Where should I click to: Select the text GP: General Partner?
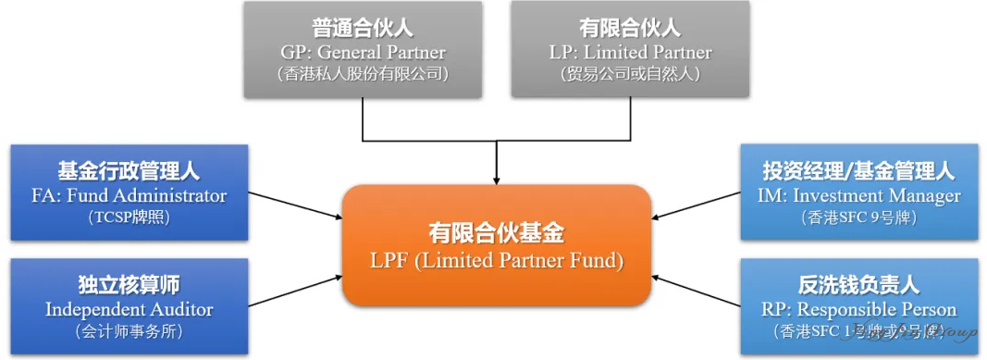point(363,52)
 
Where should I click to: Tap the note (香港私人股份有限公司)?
point(363,74)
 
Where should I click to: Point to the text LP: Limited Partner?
point(631,52)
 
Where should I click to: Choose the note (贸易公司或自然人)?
point(631,74)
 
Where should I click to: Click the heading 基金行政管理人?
point(129,171)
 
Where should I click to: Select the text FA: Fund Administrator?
point(129,195)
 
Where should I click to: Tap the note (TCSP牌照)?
point(129,217)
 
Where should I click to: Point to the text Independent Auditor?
point(129,309)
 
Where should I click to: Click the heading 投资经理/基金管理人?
point(859,171)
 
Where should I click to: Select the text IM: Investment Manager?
point(859,195)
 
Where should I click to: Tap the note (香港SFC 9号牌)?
point(859,217)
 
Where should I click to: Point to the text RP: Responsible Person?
point(859,309)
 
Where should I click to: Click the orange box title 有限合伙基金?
point(496,233)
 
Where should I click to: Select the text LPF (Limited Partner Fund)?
point(496,261)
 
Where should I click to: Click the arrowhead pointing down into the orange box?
point(498,177)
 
